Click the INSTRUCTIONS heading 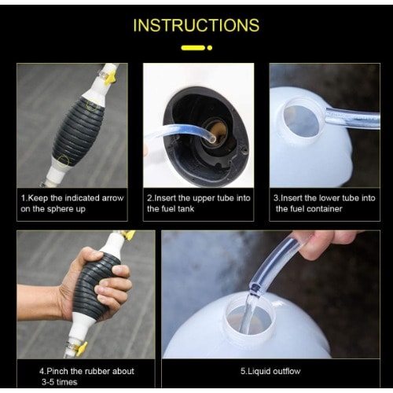tap(196, 25)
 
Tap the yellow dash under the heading tap(193, 48)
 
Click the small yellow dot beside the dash tap(210, 48)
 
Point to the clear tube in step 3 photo tap(354, 119)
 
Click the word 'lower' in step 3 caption tap(330, 197)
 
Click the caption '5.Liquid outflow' tap(270, 371)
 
